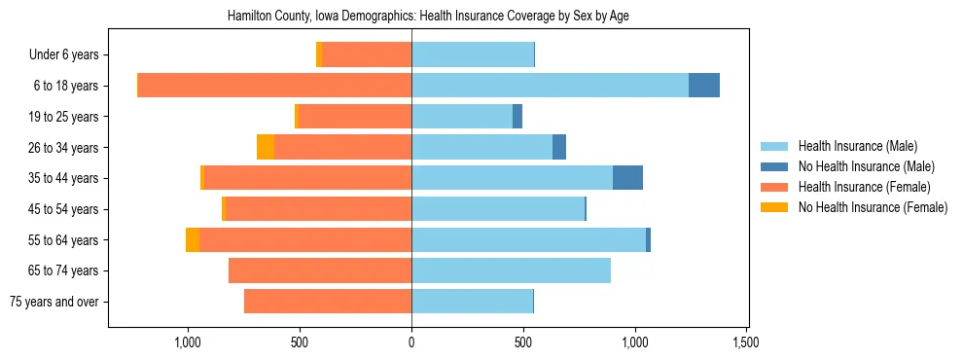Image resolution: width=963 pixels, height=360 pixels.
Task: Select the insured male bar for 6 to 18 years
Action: (550, 86)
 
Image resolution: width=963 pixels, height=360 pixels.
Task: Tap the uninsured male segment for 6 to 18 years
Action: (703, 86)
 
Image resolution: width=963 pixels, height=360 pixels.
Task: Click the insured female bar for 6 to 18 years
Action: (274, 86)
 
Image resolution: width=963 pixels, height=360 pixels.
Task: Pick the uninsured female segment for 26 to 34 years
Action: (266, 147)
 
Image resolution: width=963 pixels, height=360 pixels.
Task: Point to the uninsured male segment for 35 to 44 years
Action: (627, 178)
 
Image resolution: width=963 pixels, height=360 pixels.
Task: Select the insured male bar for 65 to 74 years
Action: (511, 270)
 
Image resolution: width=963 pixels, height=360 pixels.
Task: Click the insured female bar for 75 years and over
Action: (328, 302)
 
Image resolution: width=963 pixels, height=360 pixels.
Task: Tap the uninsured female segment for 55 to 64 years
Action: (193, 239)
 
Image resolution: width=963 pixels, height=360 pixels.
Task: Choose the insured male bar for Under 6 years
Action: (473, 54)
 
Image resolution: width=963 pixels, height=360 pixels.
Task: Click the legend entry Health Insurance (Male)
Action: (857, 146)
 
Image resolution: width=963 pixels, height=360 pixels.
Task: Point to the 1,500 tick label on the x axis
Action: (746, 342)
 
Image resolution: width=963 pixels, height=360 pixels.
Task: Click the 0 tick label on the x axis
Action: (411, 342)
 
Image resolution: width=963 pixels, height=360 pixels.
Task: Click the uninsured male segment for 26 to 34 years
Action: (559, 147)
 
